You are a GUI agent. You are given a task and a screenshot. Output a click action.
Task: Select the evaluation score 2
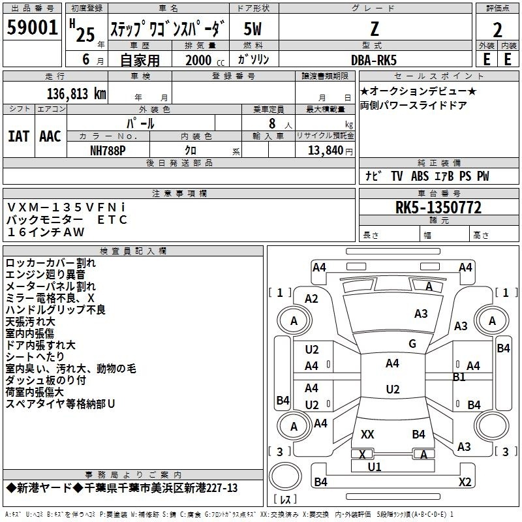[x=497, y=30]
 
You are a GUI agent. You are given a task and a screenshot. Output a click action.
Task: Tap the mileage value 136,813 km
[x=76, y=94]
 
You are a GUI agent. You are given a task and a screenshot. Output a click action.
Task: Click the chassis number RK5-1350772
[x=438, y=208]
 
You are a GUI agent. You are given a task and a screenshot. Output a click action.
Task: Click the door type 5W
[x=253, y=29]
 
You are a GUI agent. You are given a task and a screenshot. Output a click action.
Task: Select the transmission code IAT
[x=18, y=136]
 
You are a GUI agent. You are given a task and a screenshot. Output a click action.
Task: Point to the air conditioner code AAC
[x=50, y=136]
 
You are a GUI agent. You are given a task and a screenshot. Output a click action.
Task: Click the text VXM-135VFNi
[x=67, y=207]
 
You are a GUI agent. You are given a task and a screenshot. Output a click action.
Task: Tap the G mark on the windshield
[x=412, y=344]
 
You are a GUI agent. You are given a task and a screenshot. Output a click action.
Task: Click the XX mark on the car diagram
[x=367, y=435]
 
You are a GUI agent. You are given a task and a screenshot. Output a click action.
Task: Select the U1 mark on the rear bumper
[x=375, y=467]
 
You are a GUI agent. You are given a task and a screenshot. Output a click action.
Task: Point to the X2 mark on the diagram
[x=465, y=482]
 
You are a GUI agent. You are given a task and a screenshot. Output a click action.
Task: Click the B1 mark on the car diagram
[x=459, y=377]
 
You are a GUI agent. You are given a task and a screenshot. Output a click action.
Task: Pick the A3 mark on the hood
[x=421, y=314]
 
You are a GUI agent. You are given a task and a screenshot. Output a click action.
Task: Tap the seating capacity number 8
[x=270, y=123]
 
